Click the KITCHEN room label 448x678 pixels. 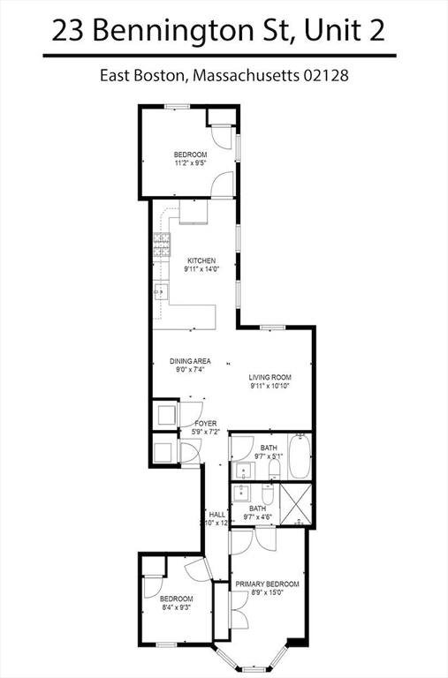(201, 260)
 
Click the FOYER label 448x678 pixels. (206, 423)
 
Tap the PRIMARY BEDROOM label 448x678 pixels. (267, 584)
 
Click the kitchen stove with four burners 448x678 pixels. (161, 245)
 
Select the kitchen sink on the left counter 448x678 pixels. (159, 291)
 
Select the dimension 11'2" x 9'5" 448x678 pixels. (190, 163)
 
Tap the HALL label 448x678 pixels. (216, 514)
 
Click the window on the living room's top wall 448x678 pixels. (272, 327)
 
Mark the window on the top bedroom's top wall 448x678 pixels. (177, 107)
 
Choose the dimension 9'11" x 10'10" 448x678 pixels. (269, 386)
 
